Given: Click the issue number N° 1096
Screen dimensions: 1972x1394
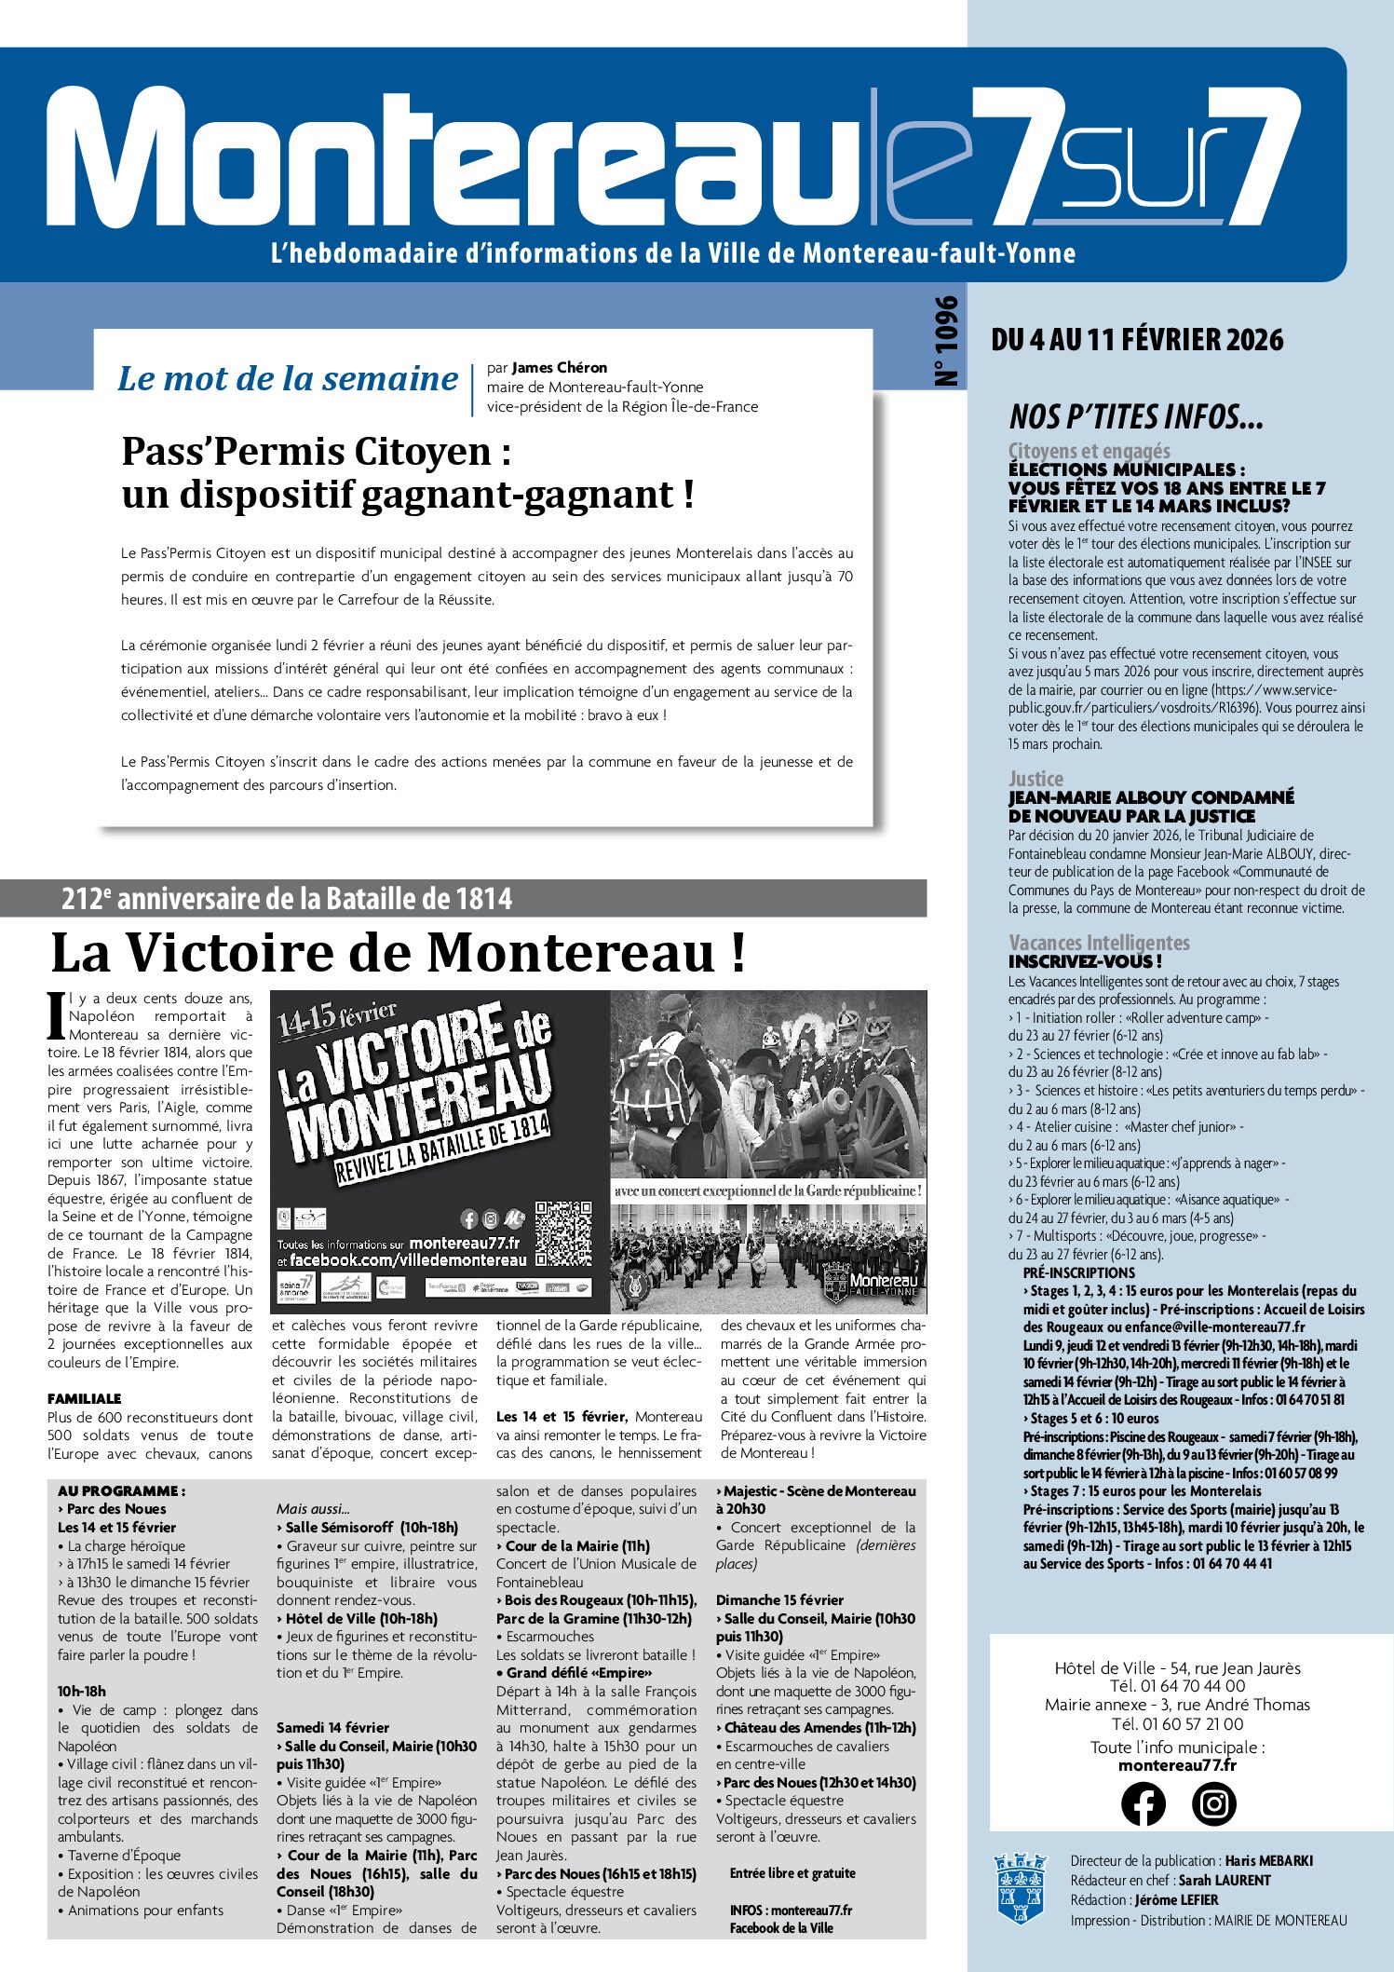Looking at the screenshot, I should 946,341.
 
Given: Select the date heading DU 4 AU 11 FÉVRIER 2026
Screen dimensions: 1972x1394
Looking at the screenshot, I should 1137,340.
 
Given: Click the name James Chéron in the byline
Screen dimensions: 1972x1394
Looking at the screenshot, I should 559,368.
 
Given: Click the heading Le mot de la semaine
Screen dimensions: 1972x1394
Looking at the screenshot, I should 288,379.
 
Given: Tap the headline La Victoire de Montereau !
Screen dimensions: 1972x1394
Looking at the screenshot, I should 398,953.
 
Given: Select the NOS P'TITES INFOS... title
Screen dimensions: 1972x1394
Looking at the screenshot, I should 1135,416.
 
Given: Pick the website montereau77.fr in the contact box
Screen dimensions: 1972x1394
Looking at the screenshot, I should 1177,1765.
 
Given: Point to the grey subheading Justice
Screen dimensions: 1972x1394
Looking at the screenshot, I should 1035,779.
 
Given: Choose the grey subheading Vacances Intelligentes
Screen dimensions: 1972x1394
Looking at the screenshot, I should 1099,943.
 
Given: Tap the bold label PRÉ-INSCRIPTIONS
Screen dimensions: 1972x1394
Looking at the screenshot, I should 1078,1272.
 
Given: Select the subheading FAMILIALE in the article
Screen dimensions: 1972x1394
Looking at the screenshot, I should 85,1398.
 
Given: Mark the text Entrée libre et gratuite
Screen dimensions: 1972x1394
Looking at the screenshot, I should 792,1872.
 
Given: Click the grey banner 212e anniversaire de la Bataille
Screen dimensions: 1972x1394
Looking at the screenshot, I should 287,899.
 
